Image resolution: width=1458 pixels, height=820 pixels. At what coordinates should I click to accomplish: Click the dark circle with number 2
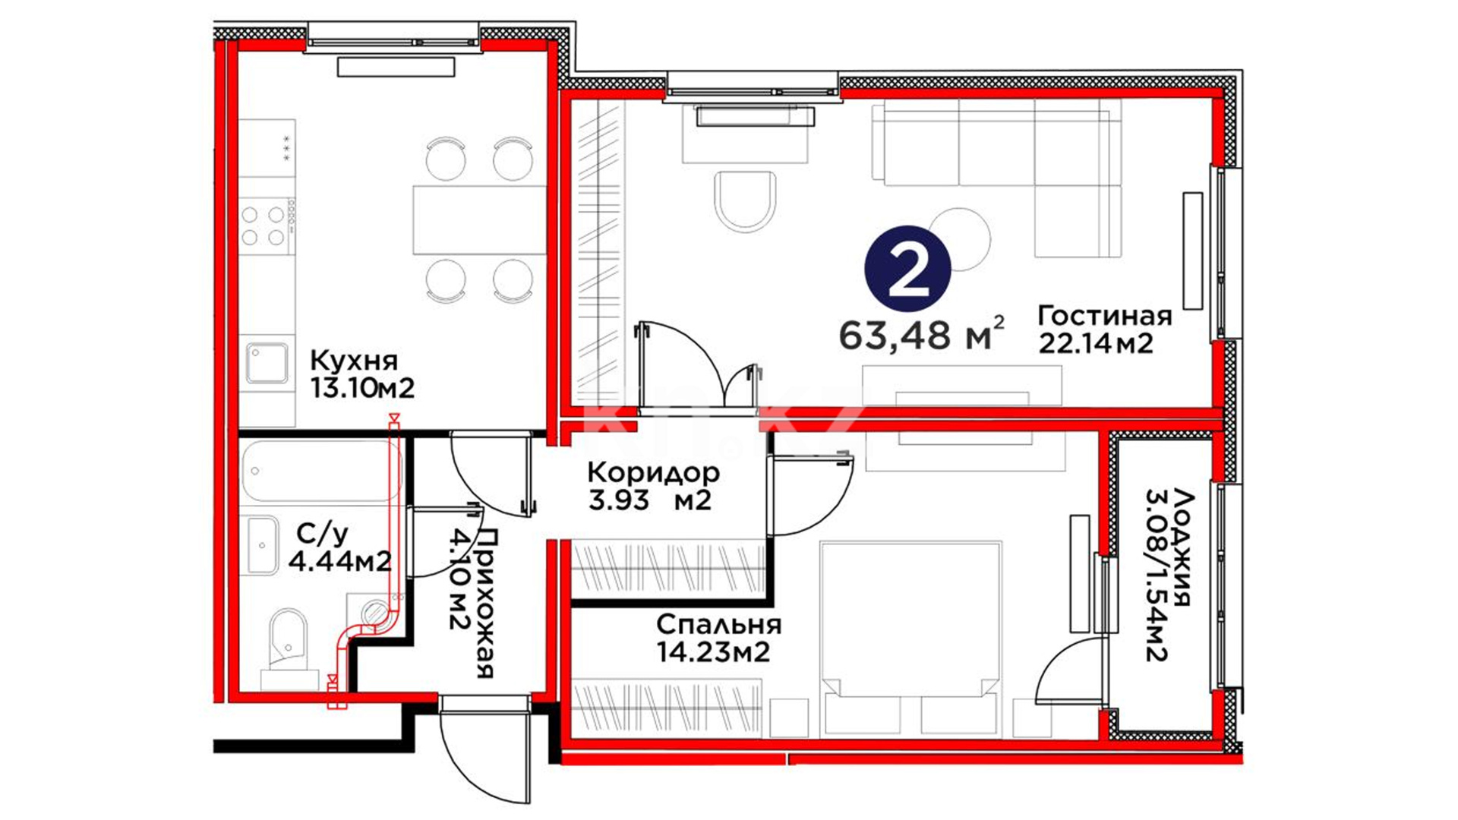pos(907,269)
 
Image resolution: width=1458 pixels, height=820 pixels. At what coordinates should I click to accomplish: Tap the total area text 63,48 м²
pos(922,334)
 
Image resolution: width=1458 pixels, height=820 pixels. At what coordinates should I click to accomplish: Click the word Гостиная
pos(1105,315)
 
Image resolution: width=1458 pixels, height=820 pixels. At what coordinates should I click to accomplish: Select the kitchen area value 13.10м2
pos(362,389)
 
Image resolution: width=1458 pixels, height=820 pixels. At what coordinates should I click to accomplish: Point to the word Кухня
pos(354,360)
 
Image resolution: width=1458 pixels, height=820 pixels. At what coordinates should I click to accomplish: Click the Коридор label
pos(653,473)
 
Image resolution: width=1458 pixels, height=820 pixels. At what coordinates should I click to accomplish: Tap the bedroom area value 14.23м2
pos(713,652)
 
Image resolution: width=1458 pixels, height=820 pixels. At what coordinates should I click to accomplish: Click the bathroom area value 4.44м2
pos(340,562)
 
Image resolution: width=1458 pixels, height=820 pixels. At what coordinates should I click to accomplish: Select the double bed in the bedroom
pos(910,639)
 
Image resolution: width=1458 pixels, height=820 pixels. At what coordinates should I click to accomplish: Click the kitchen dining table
pos(479,219)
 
